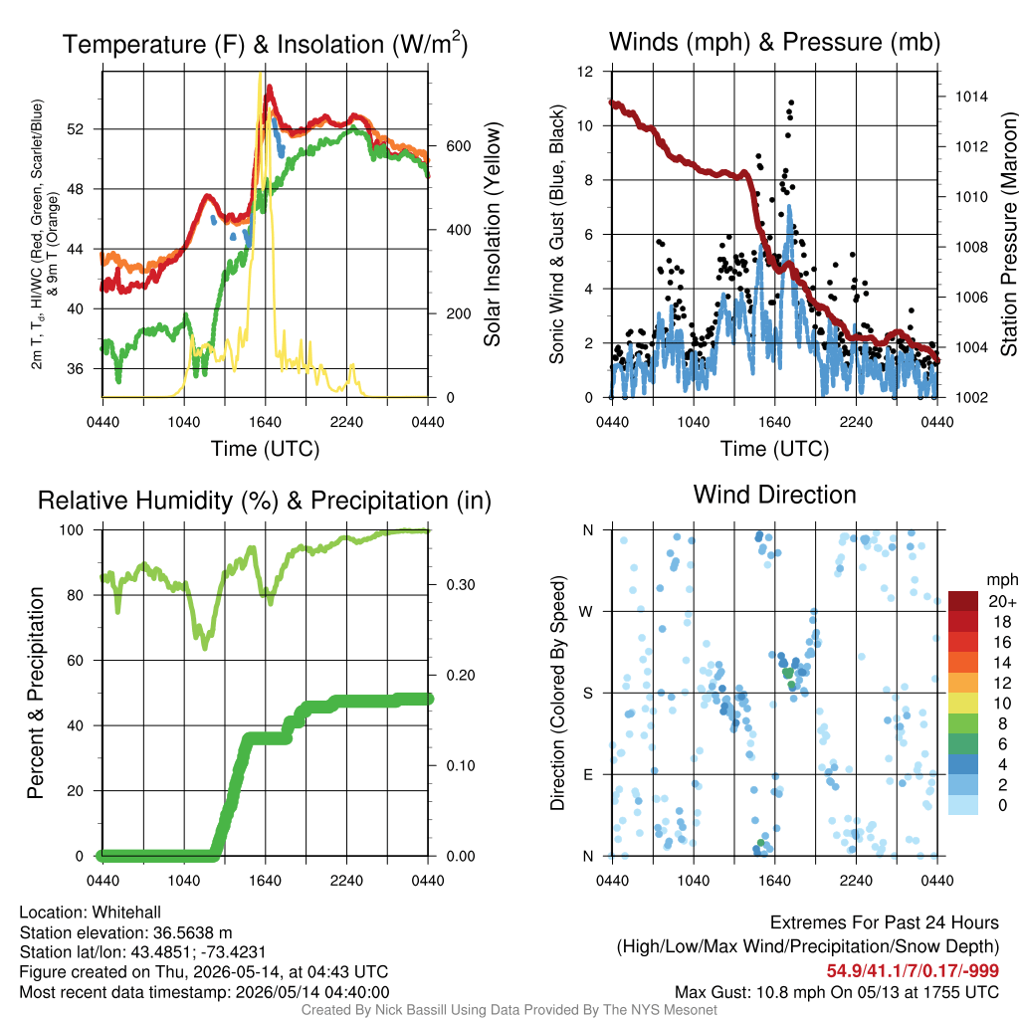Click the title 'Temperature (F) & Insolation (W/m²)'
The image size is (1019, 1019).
pyautogui.click(x=265, y=44)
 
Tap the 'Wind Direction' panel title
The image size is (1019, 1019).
pyautogui.click(x=774, y=495)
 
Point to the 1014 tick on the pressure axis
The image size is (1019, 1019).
pyautogui.click(x=971, y=97)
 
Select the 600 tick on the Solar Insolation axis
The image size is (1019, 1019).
pyautogui.click(x=458, y=146)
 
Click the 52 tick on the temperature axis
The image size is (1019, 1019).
pyautogui.click(x=76, y=129)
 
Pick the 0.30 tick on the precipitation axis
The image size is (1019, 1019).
pyautogui.click(x=461, y=585)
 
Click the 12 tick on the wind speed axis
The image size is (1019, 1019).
pyautogui.click(x=585, y=72)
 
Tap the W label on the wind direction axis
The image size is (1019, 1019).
pyautogui.click(x=586, y=612)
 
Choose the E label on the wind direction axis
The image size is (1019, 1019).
pyautogui.click(x=587, y=774)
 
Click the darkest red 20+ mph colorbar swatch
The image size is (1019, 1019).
pyautogui.click(x=963, y=601)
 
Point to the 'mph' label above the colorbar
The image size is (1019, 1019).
pyautogui.click(x=1001, y=580)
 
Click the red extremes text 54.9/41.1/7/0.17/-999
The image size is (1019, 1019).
pyautogui.click(x=913, y=971)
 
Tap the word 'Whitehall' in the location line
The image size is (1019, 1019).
pyautogui.click(x=126, y=913)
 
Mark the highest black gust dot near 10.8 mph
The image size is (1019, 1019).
pyautogui.click(x=791, y=102)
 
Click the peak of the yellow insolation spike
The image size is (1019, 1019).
pyautogui.click(x=261, y=74)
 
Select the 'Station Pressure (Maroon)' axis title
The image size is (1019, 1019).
pyautogui.click(x=1008, y=234)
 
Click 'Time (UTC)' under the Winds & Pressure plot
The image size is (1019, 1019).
pyautogui.click(x=774, y=449)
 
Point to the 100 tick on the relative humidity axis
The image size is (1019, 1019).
pyautogui.click(x=72, y=530)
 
